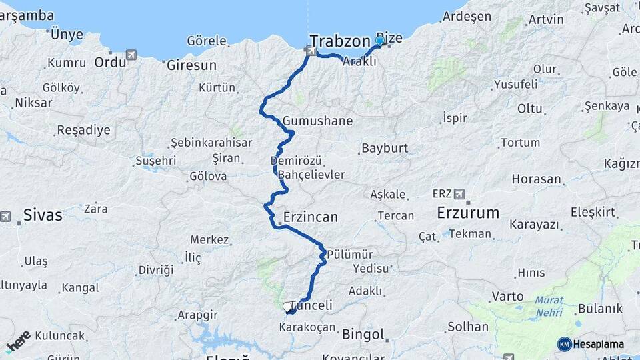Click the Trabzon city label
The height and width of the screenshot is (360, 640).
pyautogui.click(x=339, y=41)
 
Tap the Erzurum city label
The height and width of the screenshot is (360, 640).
pyautogui.click(x=468, y=213)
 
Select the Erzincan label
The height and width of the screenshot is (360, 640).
pyautogui.click(x=311, y=217)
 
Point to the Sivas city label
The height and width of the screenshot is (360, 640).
pyautogui.click(x=43, y=215)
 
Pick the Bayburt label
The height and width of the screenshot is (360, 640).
pyautogui.click(x=385, y=148)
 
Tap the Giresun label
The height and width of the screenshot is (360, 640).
pyautogui.click(x=191, y=65)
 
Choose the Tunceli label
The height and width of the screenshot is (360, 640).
pyautogui.click(x=311, y=305)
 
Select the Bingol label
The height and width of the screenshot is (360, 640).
pyautogui.click(x=363, y=334)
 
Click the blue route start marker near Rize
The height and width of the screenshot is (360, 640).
pyautogui.click(x=380, y=41)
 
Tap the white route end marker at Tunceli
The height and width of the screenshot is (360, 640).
pyautogui.click(x=287, y=307)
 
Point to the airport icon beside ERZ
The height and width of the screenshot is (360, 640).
pyautogui.click(x=459, y=194)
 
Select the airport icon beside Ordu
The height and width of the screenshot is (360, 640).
pyautogui.click(x=131, y=55)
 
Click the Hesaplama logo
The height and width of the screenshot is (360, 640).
pyautogui.click(x=591, y=344)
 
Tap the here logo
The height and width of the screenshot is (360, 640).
pyautogui.click(x=18, y=341)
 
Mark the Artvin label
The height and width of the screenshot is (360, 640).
pyautogui.click(x=545, y=19)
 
